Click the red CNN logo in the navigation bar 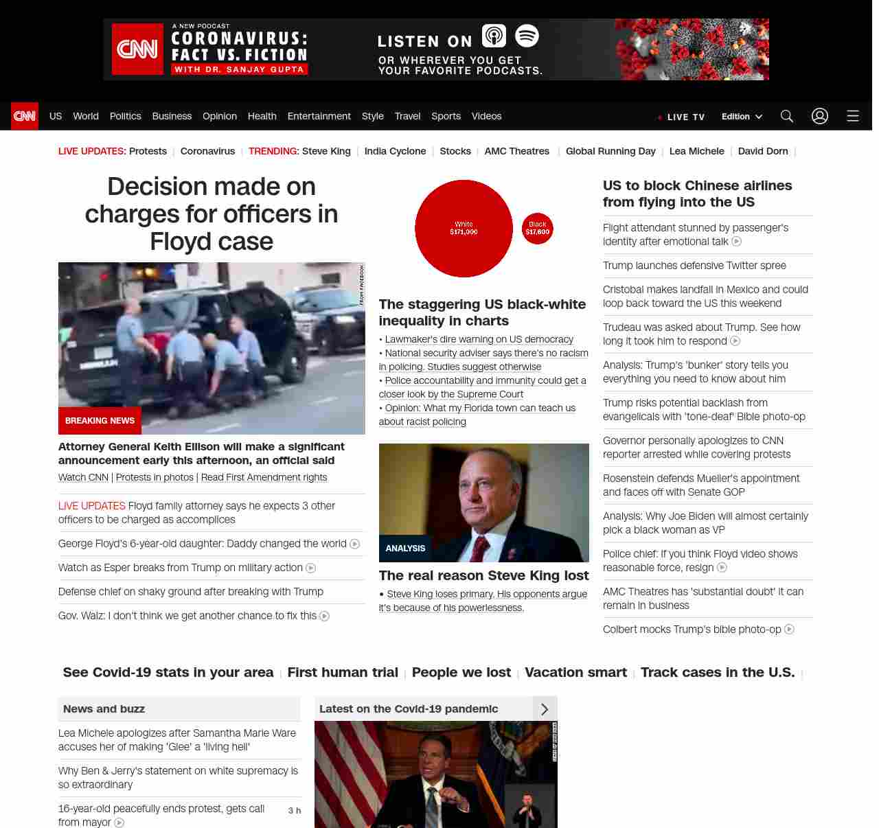point(25,116)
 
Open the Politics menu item point(125,116)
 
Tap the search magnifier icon point(787,116)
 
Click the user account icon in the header point(820,116)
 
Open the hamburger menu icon point(853,116)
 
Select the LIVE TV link point(681,117)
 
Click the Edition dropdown point(742,116)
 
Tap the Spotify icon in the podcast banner point(527,36)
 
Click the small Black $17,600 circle point(538,229)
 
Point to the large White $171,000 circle point(464,229)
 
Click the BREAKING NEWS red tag point(100,421)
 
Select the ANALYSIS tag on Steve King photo point(405,549)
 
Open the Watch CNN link point(83,477)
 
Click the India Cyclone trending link point(395,151)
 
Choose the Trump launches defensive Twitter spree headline point(694,266)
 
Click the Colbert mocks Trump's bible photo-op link point(692,630)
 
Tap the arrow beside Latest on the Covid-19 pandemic point(545,709)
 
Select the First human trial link point(343,672)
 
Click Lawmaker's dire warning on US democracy point(479,339)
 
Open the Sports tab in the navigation point(446,116)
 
